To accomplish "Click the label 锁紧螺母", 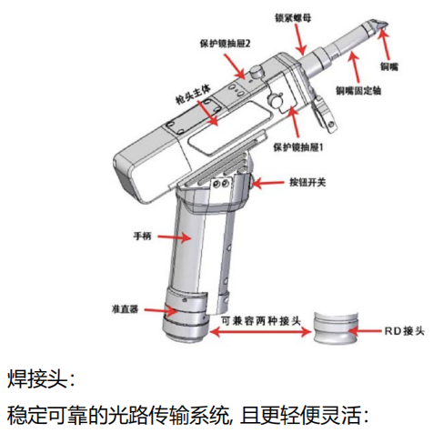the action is pyautogui.click(x=293, y=18).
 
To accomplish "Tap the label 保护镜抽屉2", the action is pyautogui.click(x=225, y=44).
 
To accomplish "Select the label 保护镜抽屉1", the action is pyautogui.click(x=298, y=147).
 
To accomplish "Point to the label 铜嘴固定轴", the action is pyautogui.click(x=358, y=90).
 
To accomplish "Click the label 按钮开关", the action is pyautogui.click(x=307, y=182).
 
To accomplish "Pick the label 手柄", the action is pyautogui.click(x=142, y=236).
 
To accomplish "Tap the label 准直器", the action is pyautogui.click(x=125, y=309).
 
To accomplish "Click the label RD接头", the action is pyautogui.click(x=404, y=331).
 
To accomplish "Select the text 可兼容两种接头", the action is pyautogui.click(x=260, y=320).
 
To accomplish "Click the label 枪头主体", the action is pyautogui.click(x=193, y=94).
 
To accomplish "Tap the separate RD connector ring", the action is pyautogui.click(x=336, y=328).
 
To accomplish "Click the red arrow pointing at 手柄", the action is pyautogui.click(x=174, y=237).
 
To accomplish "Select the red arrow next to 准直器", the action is pyautogui.click(x=161, y=311).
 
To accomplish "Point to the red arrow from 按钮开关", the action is pyautogui.click(x=267, y=183).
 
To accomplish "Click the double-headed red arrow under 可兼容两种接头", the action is pyautogui.click(x=260, y=332).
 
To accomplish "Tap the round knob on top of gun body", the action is pyautogui.click(x=257, y=72).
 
